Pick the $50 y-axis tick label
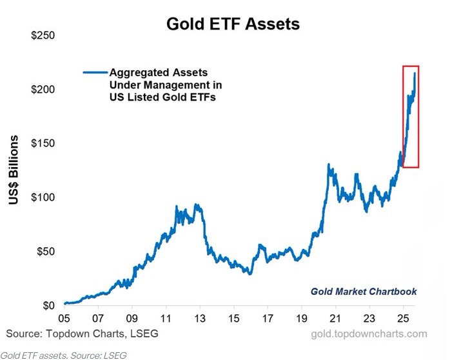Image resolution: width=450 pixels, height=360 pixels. (46, 251)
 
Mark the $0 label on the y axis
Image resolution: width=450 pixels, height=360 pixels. (49, 305)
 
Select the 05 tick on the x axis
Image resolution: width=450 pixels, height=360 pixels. (64, 318)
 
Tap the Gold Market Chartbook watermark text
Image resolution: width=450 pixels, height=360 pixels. (364, 292)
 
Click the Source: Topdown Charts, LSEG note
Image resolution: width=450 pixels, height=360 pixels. (82, 334)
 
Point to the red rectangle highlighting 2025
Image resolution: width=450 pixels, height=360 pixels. (411, 116)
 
